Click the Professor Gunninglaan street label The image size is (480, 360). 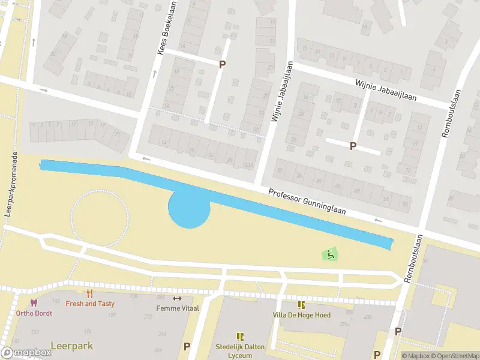click(x=315, y=205)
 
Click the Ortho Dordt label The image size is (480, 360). click(x=34, y=313)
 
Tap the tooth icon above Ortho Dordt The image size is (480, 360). click(x=34, y=304)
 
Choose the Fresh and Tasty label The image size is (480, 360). click(x=90, y=304)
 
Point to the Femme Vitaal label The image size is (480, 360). click(x=176, y=308)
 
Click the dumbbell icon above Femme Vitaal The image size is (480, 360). click(x=176, y=298)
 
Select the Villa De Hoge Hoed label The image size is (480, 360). click(x=301, y=315)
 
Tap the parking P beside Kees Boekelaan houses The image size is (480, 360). click(x=222, y=65)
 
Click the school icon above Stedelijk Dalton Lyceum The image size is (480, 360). click(x=240, y=337)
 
